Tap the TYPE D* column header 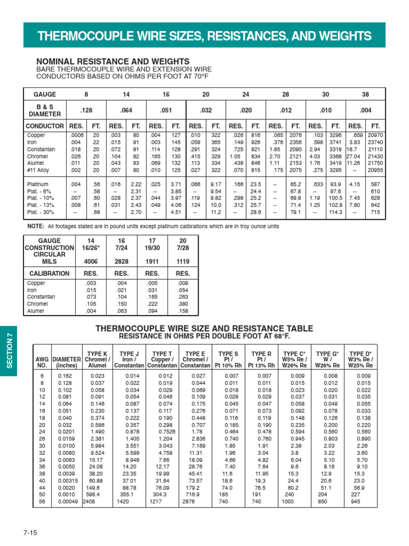(x=360, y=359)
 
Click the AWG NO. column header (x=42, y=362)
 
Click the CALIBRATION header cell (x=50, y=274)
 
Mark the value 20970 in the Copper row (x=375, y=136)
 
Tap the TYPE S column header (x=228, y=359)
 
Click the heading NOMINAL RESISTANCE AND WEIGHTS (x=112, y=62)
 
